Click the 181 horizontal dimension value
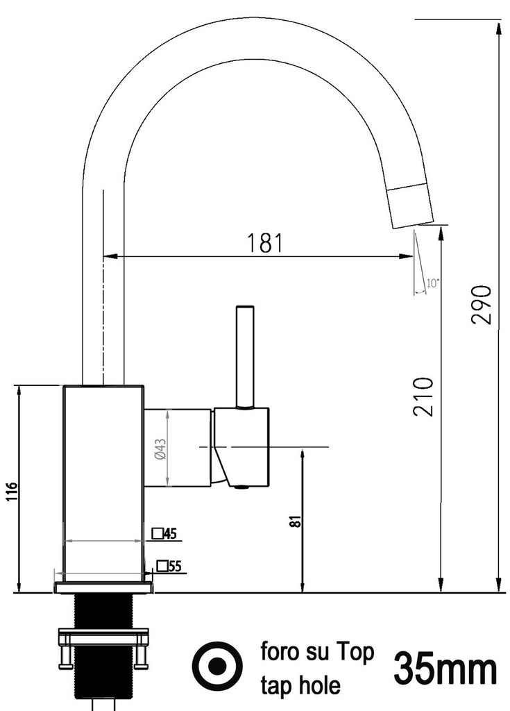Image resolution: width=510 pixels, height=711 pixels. [265, 243]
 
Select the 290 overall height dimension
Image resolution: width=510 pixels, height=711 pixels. [482, 304]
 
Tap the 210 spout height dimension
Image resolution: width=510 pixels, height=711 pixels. [423, 396]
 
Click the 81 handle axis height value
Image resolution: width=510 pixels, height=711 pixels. [294, 521]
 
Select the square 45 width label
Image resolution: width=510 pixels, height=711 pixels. [165, 533]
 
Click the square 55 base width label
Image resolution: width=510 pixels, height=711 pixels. [169, 566]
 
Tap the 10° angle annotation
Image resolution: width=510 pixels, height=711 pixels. [432, 283]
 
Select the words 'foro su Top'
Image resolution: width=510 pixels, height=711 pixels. [317, 652]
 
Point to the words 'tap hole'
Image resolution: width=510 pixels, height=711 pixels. [300, 686]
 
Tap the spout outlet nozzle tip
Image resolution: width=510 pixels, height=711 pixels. [412, 206]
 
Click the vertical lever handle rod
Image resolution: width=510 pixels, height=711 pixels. [244, 355]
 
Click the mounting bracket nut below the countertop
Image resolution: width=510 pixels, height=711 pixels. [103, 637]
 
